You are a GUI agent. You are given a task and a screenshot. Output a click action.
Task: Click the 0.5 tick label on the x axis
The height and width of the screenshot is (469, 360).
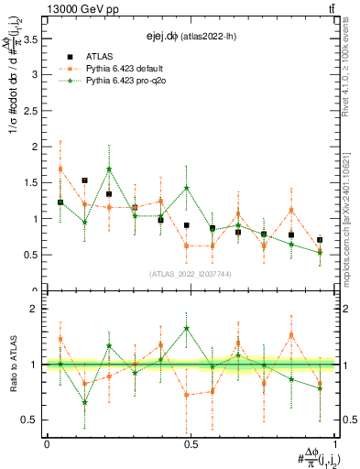point(191,444)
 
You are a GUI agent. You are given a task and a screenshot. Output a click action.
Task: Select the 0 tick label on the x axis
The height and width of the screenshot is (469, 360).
point(46,444)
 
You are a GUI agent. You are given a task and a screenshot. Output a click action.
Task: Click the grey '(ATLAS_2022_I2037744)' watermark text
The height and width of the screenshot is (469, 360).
point(191,273)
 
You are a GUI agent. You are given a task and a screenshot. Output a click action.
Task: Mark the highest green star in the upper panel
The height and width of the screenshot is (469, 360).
point(109,169)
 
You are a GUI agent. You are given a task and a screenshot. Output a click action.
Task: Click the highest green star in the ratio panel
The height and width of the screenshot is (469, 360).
point(187,328)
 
